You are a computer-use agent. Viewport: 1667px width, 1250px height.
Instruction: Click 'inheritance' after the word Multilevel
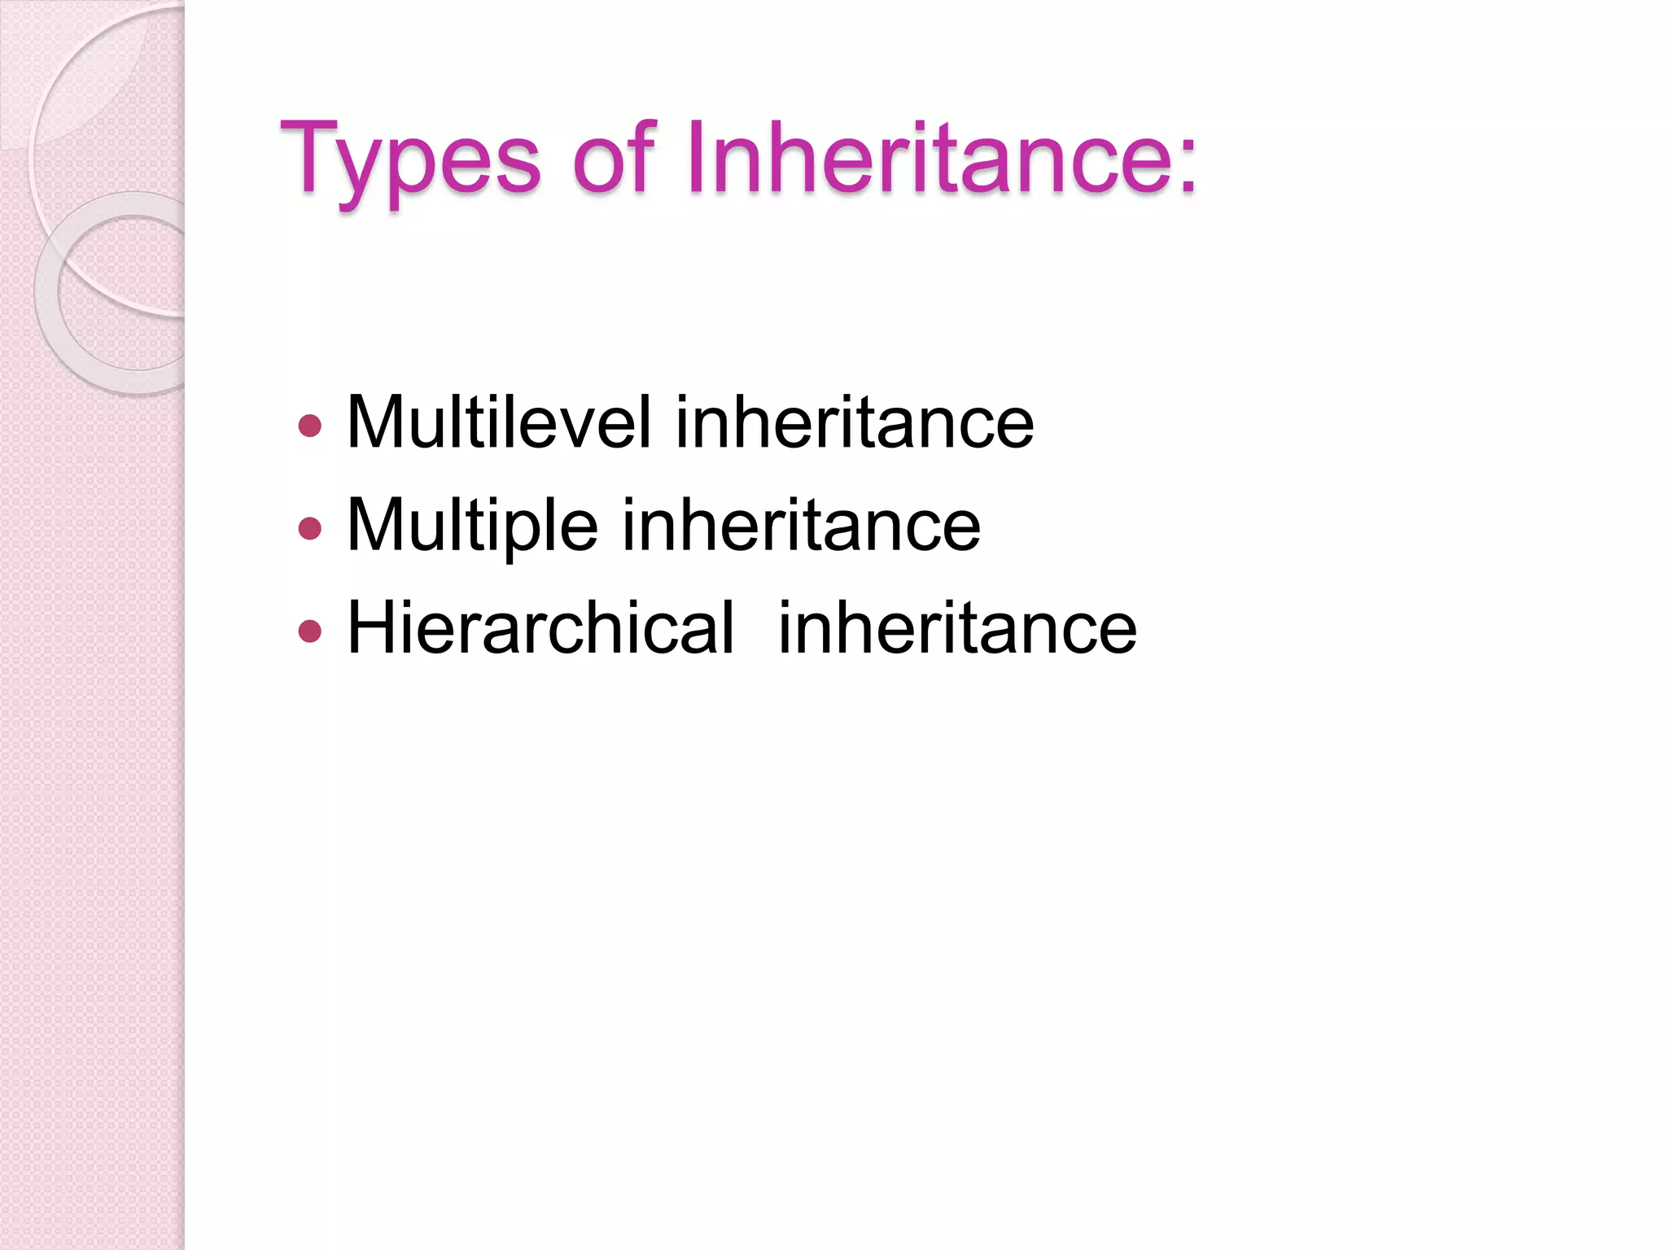click(855, 422)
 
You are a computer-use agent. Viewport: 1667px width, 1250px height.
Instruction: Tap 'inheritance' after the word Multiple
click(801, 526)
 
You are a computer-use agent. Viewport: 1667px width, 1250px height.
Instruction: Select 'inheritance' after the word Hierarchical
click(957, 627)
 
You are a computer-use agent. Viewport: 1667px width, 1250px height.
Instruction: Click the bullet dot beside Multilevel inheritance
click(310, 426)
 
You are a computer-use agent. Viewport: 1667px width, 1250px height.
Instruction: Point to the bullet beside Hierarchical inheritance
click(310, 631)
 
